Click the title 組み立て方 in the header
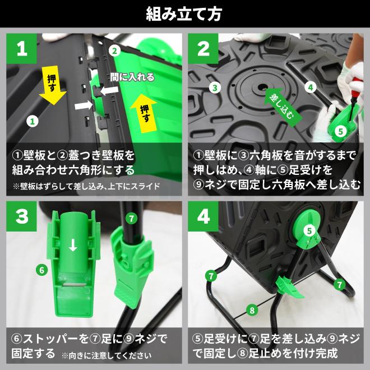tap(184, 14)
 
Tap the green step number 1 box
tap(21, 49)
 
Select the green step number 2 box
tap(203, 49)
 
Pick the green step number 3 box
tap(21, 216)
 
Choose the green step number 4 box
tap(203, 216)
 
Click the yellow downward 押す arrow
tap(53, 85)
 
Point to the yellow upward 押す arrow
tap(144, 113)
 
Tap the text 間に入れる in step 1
tap(132, 77)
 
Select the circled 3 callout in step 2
tap(215, 87)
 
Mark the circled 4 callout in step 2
tap(311, 87)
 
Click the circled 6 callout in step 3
tap(42, 270)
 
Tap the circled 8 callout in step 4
tap(252, 310)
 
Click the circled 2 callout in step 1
tap(114, 50)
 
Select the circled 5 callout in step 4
tap(309, 230)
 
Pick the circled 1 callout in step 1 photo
tap(33, 121)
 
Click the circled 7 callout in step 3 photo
tap(131, 219)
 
